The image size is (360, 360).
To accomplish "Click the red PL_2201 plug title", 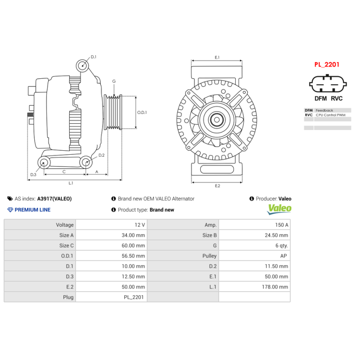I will [327, 64].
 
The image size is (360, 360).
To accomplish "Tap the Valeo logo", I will [279, 209].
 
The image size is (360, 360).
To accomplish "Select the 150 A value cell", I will [281, 225].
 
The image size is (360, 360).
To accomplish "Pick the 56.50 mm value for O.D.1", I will [134, 256].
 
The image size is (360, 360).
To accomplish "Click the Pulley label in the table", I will [209, 256].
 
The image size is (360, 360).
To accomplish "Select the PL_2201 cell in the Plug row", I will [134, 297].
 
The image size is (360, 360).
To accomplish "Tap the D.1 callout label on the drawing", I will [94, 57].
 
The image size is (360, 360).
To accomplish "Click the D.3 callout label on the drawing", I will [33, 175].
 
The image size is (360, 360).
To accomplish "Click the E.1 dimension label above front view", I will [217, 57].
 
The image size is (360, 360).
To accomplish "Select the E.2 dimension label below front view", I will [217, 186].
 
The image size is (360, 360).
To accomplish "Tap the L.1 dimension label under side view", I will [71, 183].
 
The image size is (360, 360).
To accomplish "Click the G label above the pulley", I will [114, 81].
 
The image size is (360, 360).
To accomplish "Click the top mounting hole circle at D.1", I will [83, 66].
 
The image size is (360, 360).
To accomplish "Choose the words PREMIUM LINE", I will [32, 210].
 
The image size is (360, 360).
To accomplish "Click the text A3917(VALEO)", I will [54, 198].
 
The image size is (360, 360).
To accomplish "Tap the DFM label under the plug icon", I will [320, 99].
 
